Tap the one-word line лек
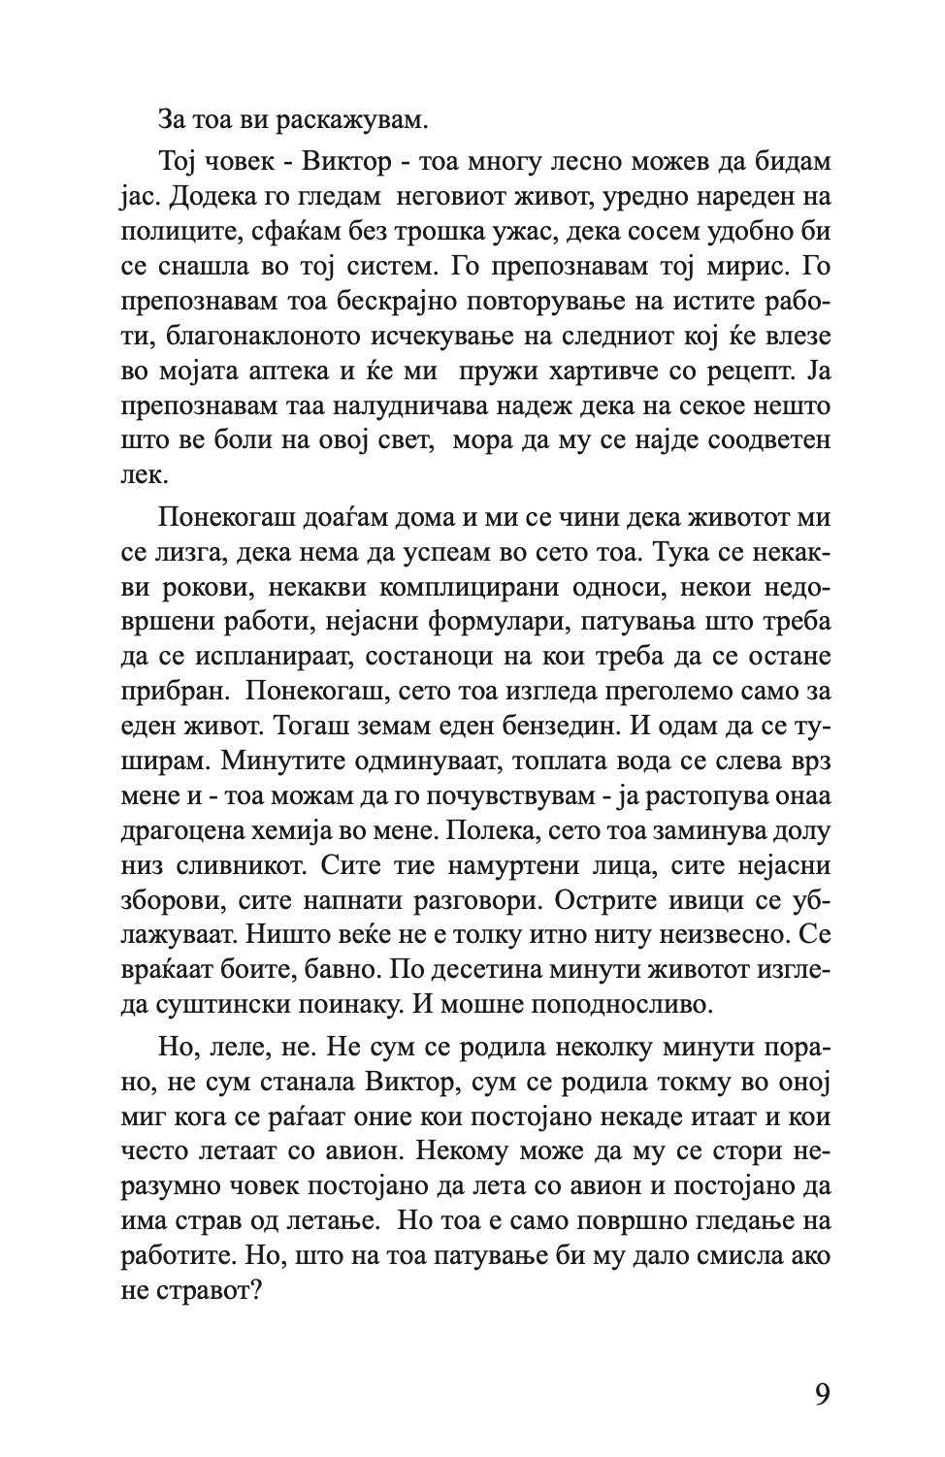pos(141,475)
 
